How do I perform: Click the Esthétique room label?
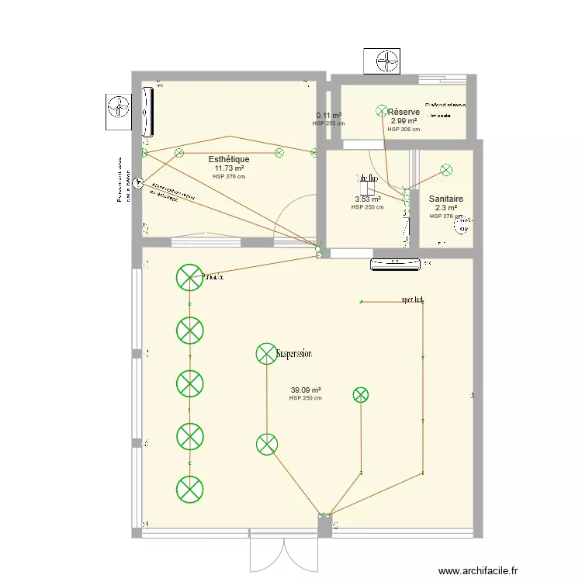(x=229, y=159)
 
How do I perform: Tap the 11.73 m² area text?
(x=229, y=168)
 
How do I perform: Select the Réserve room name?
(x=404, y=113)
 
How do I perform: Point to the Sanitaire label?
(x=445, y=199)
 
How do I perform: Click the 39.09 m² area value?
(x=306, y=390)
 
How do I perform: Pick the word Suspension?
(x=294, y=354)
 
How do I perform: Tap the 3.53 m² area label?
(x=367, y=199)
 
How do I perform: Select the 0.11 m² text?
(x=329, y=116)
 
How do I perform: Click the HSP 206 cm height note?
(x=404, y=130)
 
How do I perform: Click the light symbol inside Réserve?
(x=381, y=113)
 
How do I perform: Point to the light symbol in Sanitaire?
(x=446, y=169)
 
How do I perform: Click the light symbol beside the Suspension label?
(x=266, y=354)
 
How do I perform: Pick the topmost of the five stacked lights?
(x=189, y=277)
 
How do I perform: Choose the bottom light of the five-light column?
(x=189, y=488)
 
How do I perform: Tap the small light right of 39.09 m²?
(x=360, y=395)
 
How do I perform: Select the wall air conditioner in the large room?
(x=397, y=265)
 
